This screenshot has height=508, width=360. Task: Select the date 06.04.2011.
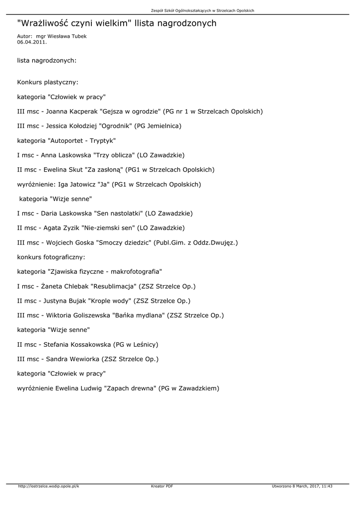point(32,42)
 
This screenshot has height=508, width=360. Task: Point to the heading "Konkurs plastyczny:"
point(48,82)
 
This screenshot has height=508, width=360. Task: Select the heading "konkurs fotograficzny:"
point(51,257)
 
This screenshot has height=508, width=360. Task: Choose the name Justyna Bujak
point(66,301)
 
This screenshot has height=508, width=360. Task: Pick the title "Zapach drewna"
point(130,388)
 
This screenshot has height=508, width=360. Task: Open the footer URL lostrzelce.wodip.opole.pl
point(48,486)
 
